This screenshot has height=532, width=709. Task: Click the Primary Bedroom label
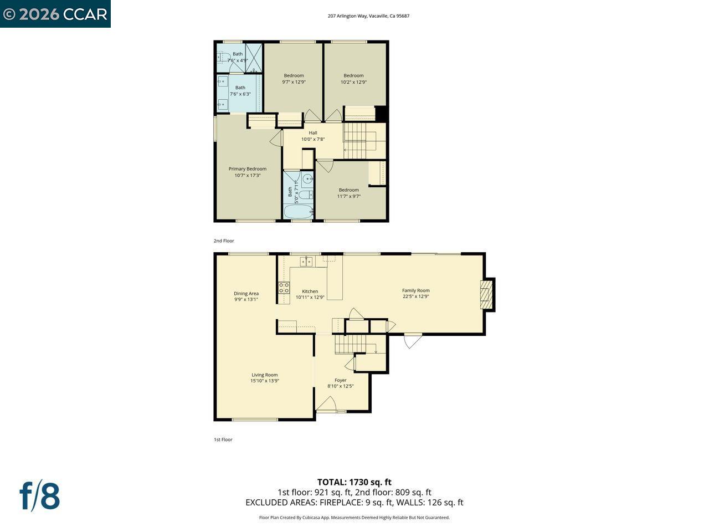pyautogui.click(x=248, y=169)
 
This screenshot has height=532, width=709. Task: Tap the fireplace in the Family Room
pyautogui.click(x=485, y=294)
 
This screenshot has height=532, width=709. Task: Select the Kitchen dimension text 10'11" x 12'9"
pyautogui.click(x=310, y=297)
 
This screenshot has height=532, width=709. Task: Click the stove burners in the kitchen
pyautogui.click(x=284, y=288)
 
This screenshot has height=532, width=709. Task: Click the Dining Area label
pyautogui.click(x=246, y=294)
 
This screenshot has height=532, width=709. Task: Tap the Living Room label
pyautogui.click(x=264, y=375)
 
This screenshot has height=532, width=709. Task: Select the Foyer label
pyautogui.click(x=340, y=380)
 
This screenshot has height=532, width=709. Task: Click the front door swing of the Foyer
pyautogui.click(x=326, y=405)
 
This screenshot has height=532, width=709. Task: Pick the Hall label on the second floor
pyautogui.click(x=313, y=133)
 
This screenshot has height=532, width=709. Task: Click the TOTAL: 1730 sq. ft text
pyautogui.click(x=354, y=482)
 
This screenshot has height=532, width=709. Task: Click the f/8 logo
pyautogui.click(x=40, y=496)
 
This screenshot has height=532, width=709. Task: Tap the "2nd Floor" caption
pyautogui.click(x=224, y=241)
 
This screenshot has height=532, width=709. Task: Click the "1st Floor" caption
pyautogui.click(x=223, y=439)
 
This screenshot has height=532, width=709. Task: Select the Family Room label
pyautogui.click(x=415, y=290)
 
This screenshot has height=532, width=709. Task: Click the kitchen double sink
pyautogui.click(x=306, y=262)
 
